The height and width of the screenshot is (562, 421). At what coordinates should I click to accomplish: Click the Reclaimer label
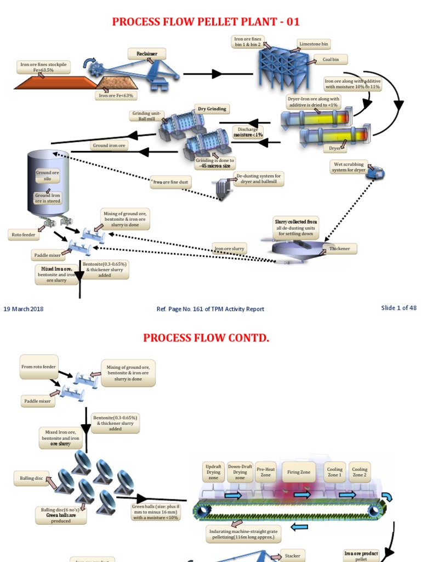(x=147, y=53)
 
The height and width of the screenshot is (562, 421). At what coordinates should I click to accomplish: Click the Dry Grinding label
(x=212, y=109)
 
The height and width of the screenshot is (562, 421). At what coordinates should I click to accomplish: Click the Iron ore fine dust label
(x=172, y=182)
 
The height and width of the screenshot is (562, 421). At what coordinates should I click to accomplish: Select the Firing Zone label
(x=299, y=471)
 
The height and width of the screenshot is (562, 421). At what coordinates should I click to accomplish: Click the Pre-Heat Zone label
(x=265, y=471)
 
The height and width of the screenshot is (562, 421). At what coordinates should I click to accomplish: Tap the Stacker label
(x=292, y=556)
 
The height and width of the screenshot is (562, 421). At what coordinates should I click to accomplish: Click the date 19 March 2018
(x=24, y=308)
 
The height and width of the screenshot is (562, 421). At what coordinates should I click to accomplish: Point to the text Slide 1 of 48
(x=399, y=308)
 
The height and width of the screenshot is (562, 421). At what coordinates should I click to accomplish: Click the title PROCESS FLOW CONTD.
(x=206, y=338)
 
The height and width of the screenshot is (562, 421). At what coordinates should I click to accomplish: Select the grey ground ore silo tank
(x=48, y=184)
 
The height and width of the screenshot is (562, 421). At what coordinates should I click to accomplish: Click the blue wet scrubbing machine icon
(x=377, y=172)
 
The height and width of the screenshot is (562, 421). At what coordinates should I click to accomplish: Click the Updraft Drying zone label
(x=213, y=471)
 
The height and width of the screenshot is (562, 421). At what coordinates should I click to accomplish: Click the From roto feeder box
(x=38, y=366)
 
